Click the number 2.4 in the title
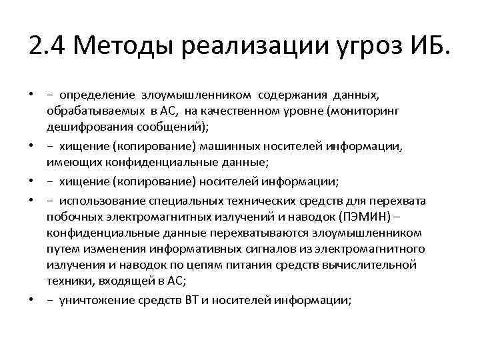47,47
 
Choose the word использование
98,201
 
